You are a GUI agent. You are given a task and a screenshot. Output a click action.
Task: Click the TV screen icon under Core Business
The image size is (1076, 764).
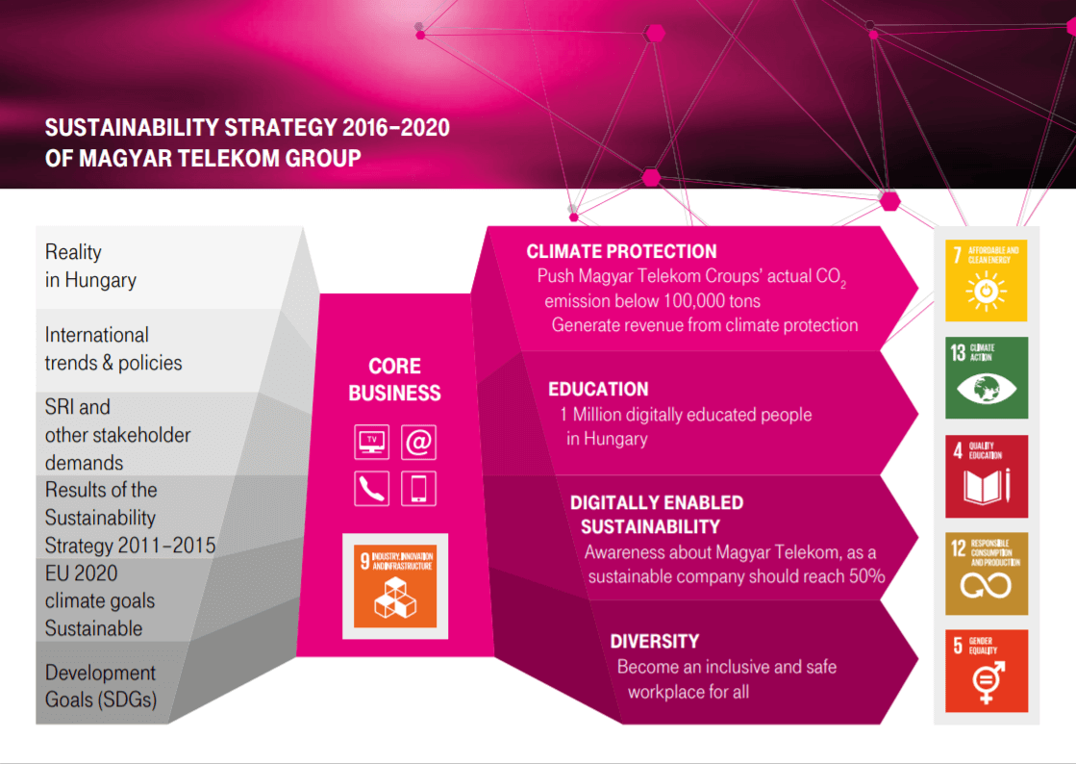(372, 442)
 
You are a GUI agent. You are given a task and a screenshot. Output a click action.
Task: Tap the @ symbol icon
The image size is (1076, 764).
(418, 442)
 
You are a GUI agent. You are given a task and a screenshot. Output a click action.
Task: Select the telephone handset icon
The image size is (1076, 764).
(372, 488)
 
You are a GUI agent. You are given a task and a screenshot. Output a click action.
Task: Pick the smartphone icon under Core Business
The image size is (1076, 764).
(418, 488)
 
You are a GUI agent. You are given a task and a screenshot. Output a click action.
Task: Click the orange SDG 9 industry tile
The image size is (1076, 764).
(395, 586)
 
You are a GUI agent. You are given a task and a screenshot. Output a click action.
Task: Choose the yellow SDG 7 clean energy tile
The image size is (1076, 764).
(987, 280)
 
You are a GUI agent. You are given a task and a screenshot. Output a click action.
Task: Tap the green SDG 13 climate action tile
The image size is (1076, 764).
(987, 377)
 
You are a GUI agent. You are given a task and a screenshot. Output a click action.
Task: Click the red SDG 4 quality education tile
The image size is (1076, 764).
(987, 475)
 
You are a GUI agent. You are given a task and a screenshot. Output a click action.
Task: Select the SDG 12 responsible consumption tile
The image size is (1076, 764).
(987, 573)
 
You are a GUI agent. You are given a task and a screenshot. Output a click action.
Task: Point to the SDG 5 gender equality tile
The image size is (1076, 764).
(987, 671)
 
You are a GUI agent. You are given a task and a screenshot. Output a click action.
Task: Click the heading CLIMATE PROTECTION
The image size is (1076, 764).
(621, 251)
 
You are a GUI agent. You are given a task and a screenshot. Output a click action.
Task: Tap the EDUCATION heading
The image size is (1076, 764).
(598, 389)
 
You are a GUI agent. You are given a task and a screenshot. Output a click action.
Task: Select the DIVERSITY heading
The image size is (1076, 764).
(654, 641)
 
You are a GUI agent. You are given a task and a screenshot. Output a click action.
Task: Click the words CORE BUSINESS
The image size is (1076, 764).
(394, 379)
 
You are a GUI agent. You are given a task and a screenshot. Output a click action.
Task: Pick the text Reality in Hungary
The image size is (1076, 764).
(90, 267)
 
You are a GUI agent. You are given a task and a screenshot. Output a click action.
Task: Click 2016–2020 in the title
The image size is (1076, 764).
(396, 128)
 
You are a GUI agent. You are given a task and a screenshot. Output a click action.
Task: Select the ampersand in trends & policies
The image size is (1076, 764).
(107, 363)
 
